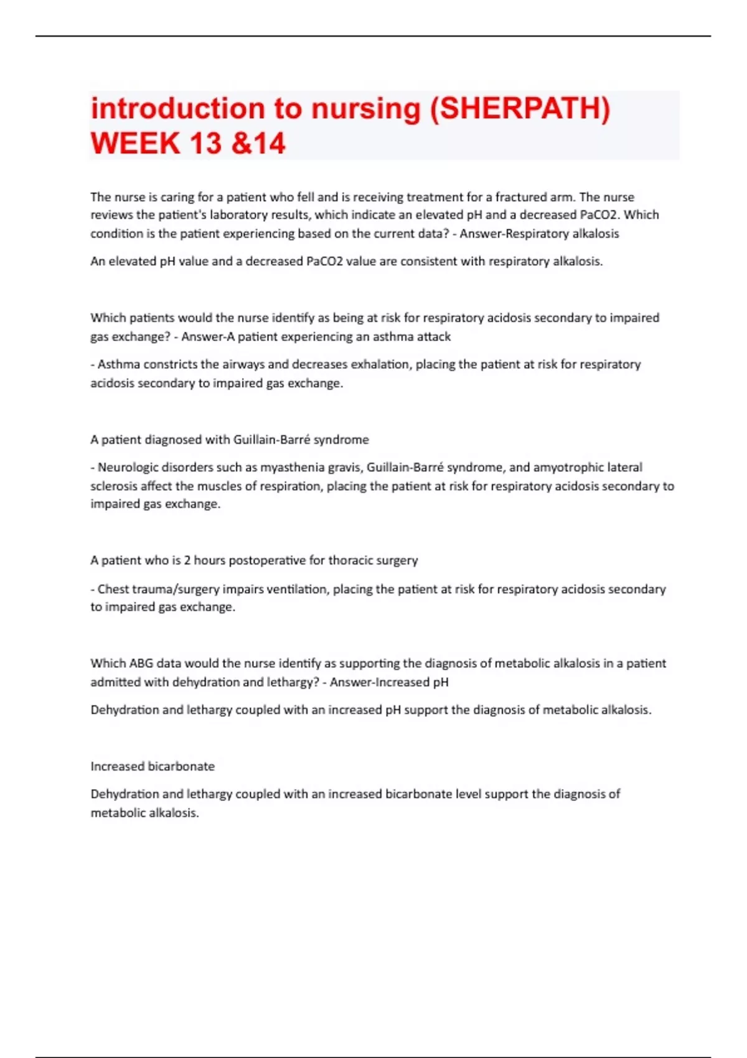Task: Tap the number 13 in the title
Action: point(205,143)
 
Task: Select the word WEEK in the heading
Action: point(135,143)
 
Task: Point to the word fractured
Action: point(520,197)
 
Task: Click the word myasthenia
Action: point(293,467)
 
